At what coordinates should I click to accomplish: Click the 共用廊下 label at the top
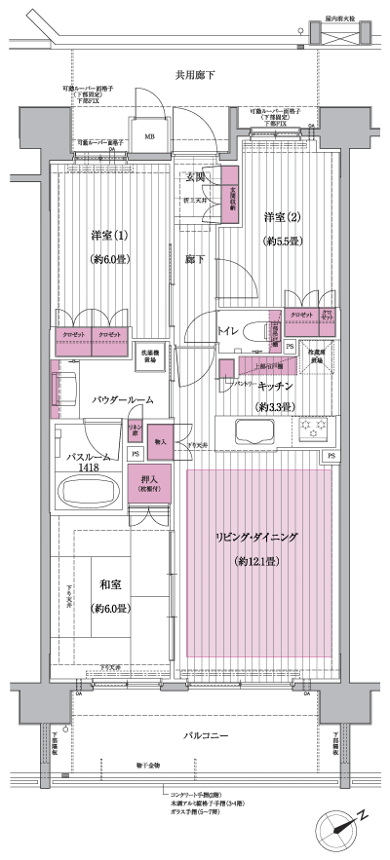pyautogui.click(x=195, y=75)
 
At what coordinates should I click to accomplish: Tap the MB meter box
pyautogui.click(x=150, y=137)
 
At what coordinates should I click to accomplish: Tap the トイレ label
pyautogui.click(x=229, y=330)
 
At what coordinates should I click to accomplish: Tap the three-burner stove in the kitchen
pyautogui.click(x=315, y=429)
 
